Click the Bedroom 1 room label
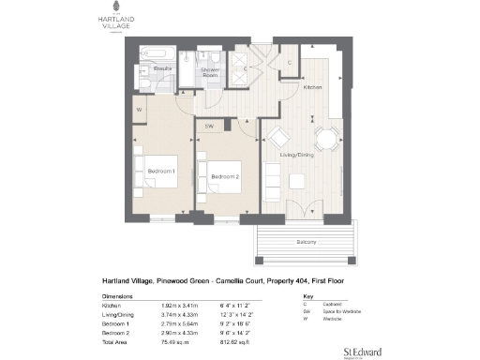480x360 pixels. click(x=162, y=170)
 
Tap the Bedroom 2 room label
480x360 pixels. click(x=225, y=176)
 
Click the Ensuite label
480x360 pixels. click(x=162, y=69)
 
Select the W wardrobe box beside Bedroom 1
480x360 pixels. click(x=138, y=109)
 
